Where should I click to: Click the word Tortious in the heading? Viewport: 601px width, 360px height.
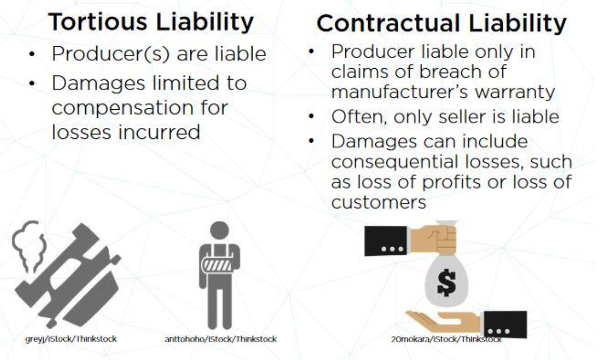pos(98,21)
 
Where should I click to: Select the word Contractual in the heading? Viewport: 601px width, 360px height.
pos(389,23)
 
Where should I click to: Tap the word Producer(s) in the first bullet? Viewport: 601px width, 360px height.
pos(111,54)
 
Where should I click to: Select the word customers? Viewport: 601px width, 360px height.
pos(378,202)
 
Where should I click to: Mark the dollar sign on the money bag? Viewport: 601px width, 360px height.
pos(446,282)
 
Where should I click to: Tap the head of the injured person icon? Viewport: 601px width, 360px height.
pos(219,230)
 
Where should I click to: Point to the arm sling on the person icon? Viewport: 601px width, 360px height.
pos(218,265)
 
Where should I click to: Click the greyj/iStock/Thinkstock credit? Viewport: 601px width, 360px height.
pos(71,339)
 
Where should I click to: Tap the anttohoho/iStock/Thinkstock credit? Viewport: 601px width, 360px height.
pos(221,339)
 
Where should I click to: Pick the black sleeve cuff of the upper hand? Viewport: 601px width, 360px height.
pos(386,241)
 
